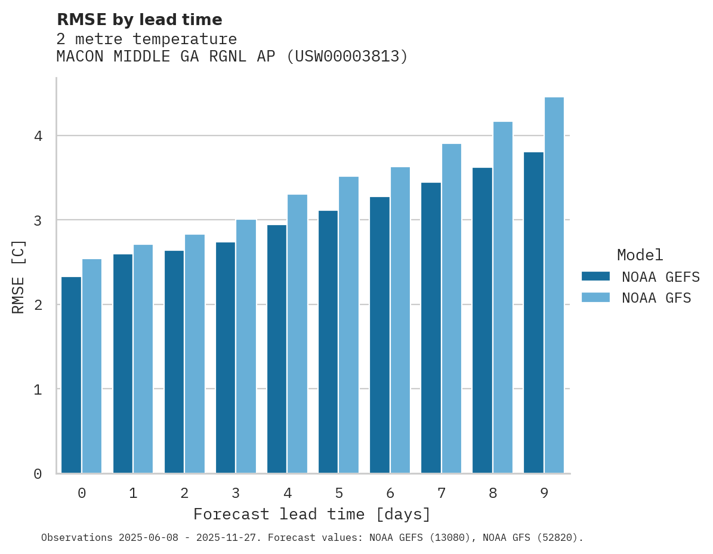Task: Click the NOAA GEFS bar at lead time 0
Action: point(71,375)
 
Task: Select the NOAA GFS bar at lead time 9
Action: point(554,285)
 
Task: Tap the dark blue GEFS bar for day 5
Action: point(328,341)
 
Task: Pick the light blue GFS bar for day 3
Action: point(246,346)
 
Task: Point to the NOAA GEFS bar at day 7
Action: point(431,328)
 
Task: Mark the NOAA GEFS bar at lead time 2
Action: point(174,362)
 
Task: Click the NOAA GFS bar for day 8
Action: point(503,297)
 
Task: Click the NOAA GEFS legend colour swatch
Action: point(595,276)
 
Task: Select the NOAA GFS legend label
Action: point(656,298)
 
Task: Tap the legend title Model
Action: point(640,255)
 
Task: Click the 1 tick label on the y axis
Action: point(38,389)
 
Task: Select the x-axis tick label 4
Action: point(288,493)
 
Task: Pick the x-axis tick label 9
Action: point(544,493)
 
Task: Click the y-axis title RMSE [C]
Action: point(18,276)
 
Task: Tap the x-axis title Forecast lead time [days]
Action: point(311,514)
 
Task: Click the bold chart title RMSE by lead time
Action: point(139,20)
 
